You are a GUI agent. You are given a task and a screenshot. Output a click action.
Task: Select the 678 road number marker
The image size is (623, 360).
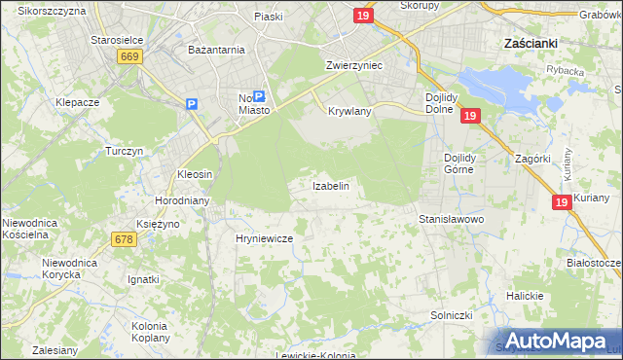[125, 239]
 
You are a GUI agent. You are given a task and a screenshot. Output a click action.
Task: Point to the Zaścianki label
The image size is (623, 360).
[530, 44]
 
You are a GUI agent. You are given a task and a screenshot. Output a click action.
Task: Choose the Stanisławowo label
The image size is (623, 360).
[452, 220]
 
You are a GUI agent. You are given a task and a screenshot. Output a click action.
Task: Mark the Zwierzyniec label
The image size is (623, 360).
[353, 64]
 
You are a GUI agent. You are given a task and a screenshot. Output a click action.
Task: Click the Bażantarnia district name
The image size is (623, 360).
[216, 48]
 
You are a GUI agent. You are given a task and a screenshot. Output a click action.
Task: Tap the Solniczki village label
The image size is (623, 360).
[452, 315]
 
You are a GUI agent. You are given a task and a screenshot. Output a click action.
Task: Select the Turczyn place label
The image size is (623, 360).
[125, 152]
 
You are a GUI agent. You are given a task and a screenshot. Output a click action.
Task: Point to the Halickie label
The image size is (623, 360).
[523, 295]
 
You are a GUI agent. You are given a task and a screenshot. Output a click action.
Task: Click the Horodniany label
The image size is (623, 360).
[178, 200]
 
